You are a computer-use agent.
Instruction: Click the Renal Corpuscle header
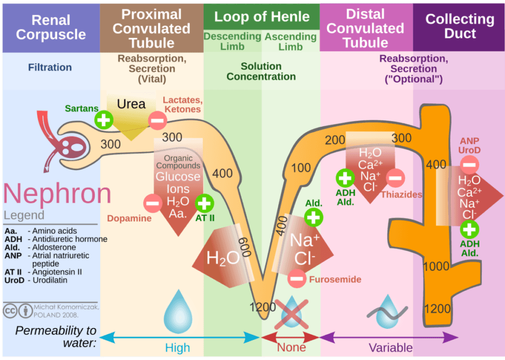50,27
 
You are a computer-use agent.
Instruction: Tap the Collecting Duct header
460,26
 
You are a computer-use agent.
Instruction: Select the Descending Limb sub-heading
232,41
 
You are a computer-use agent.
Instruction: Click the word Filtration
49,67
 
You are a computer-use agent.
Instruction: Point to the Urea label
131,104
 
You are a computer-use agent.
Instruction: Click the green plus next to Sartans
104,119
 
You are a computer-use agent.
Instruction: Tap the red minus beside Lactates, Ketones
157,120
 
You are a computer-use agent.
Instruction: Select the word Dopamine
129,218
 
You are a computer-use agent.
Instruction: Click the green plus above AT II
204,203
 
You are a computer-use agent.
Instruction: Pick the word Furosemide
335,280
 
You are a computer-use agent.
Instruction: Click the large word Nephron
57,194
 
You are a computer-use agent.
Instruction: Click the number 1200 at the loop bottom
262,307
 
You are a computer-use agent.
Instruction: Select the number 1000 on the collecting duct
436,267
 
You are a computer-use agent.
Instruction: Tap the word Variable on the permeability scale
391,348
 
